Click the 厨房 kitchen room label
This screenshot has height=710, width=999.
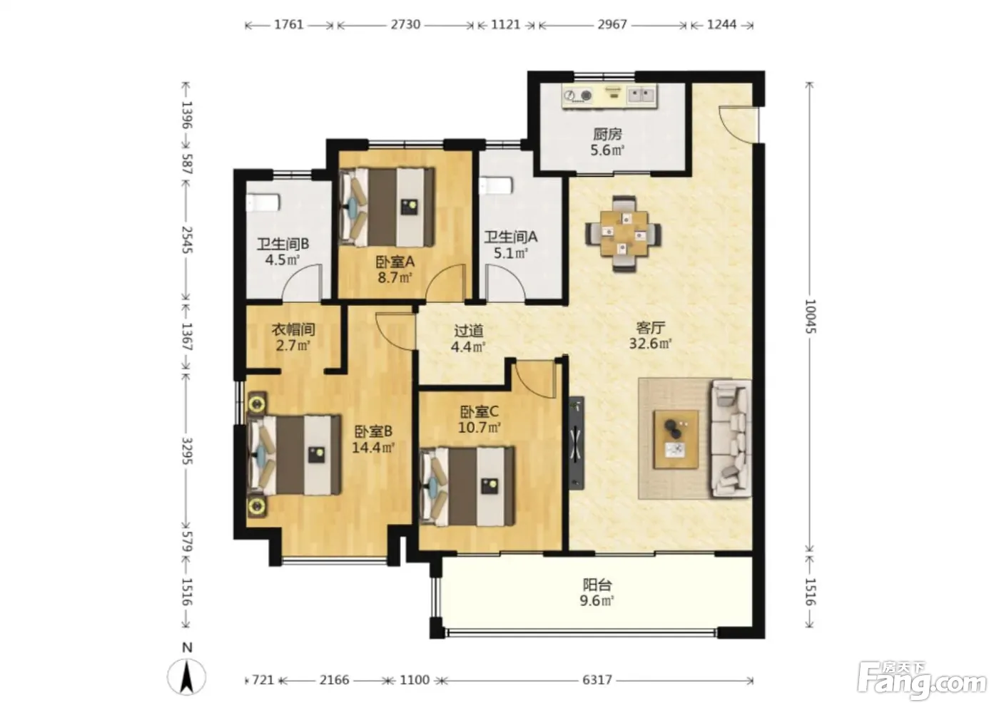(607, 134)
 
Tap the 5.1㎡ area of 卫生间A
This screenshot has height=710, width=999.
(511, 254)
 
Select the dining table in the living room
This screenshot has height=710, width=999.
(624, 233)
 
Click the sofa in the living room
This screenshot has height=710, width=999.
(731, 438)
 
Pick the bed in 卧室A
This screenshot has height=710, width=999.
(386, 207)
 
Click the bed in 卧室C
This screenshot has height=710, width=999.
(467, 486)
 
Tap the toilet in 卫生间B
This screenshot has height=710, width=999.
(263, 202)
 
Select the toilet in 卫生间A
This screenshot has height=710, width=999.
(496, 186)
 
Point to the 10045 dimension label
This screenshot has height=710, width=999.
(810, 317)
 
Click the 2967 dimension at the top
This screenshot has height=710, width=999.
(612, 24)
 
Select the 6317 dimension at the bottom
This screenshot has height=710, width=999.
(597, 680)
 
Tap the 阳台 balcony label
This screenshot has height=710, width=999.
(597, 585)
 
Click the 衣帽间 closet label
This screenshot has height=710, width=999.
(293, 329)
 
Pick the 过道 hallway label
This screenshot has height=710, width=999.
(469, 331)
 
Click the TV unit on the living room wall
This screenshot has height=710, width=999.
(577, 443)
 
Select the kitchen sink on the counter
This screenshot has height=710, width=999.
(642, 95)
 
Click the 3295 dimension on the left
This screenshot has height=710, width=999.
(186, 451)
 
